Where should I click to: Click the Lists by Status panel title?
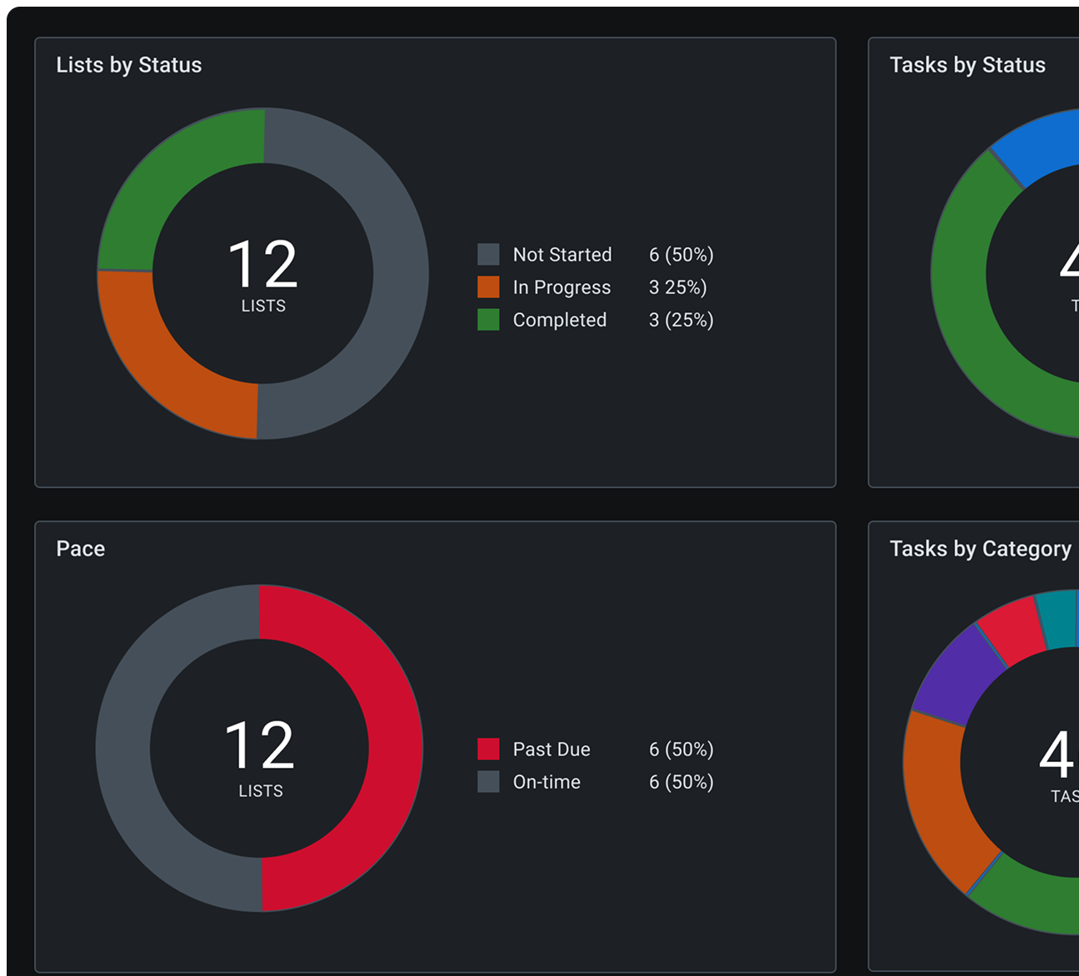click(128, 65)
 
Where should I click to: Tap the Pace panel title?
click(80, 549)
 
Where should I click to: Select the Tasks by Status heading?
click(967, 65)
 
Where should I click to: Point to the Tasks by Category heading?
click(980, 549)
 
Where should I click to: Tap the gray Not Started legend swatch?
click(488, 254)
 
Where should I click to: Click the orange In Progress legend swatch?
click(488, 287)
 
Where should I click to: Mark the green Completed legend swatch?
click(488, 320)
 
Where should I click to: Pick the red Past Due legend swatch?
click(488, 749)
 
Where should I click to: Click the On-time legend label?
click(547, 782)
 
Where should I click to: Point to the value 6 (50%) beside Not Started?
click(681, 254)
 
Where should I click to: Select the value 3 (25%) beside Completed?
click(681, 320)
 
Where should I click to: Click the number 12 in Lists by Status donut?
click(262, 264)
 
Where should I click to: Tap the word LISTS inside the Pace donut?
click(261, 791)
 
